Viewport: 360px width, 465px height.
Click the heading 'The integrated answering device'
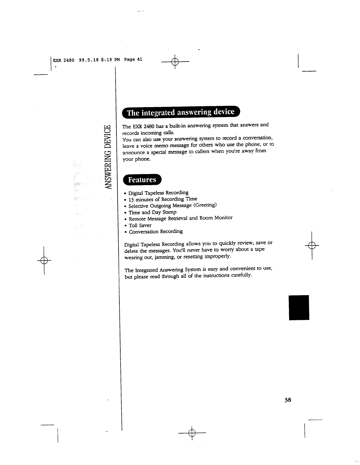[x=181, y=112]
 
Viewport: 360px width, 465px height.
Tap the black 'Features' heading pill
[x=142, y=180]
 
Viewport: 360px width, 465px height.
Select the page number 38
[x=287, y=400]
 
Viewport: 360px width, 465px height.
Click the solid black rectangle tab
[x=299, y=307]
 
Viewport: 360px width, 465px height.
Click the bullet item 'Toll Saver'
[x=140, y=225]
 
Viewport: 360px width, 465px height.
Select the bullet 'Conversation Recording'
[x=156, y=232]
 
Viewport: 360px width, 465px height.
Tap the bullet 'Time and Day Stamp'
[x=152, y=212]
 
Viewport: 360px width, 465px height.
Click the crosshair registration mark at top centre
[x=175, y=62]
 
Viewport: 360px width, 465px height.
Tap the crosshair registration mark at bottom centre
[x=192, y=433]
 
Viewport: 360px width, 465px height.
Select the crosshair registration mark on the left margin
[x=44, y=260]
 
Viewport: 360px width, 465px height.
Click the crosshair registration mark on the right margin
[x=312, y=245]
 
